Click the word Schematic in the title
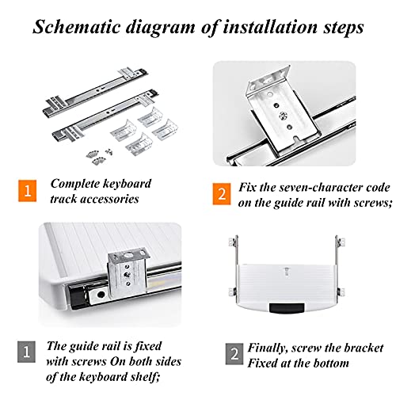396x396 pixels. tap(77, 27)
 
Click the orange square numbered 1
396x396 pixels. tap(28, 191)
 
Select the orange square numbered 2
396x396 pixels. tap(222, 194)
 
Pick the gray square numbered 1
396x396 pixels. tap(26, 352)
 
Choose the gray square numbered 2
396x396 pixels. tap(234, 354)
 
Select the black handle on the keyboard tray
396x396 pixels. tap(287, 308)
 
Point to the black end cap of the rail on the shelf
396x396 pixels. tap(78, 296)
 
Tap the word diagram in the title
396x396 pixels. tap(161, 27)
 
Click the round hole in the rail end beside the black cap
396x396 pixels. tap(101, 294)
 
